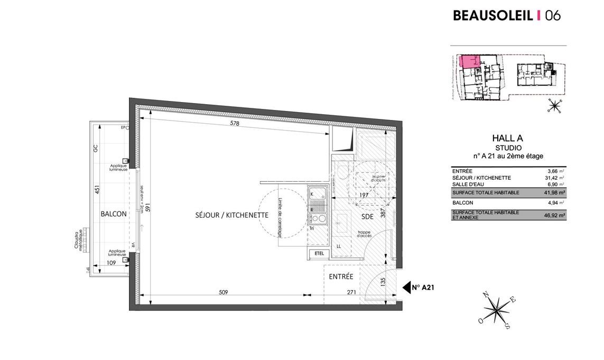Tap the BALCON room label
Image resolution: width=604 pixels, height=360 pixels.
[114, 214]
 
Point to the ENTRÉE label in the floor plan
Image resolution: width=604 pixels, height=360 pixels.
[341, 276]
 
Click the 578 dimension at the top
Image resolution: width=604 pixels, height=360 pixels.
[234, 124]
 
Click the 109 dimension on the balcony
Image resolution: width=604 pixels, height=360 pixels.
[111, 263]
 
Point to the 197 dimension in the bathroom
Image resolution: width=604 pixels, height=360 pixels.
[364, 195]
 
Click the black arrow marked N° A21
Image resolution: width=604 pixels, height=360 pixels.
[407, 287]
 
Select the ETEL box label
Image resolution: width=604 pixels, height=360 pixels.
[319, 253]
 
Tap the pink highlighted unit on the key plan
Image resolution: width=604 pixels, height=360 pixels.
[468, 61]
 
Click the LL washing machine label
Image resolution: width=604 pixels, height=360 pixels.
[339, 246]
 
